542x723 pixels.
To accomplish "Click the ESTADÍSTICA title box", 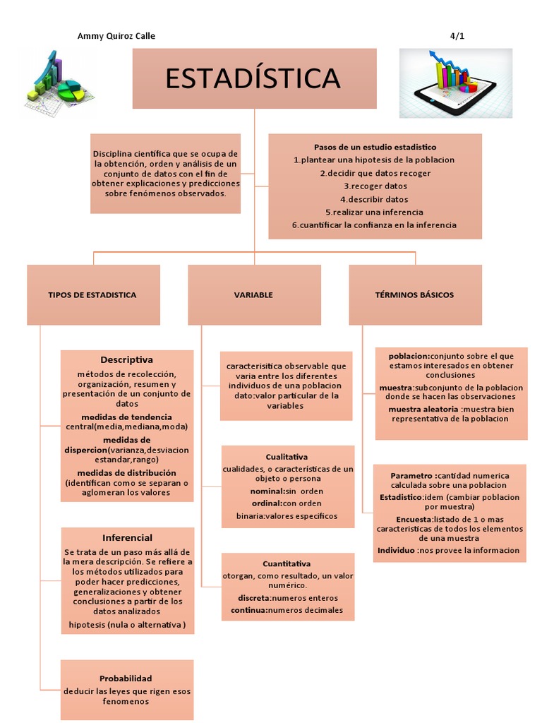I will [254, 78].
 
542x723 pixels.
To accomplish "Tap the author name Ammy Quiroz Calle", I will [116, 36].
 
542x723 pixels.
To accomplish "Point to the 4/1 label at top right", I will [457, 36].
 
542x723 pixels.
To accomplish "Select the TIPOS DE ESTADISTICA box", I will [92, 294].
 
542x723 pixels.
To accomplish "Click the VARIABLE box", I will [253, 294].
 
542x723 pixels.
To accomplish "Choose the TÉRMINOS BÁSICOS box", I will [415, 294].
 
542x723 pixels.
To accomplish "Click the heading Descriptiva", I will [126, 359].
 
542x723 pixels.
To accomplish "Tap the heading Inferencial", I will [127, 537].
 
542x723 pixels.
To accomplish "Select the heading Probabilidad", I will [126, 678].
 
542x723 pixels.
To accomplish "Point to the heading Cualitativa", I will [287, 457].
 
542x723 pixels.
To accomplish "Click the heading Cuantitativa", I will [287, 563].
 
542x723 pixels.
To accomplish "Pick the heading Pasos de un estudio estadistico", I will [375, 147].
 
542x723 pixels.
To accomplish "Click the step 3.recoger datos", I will [375, 186].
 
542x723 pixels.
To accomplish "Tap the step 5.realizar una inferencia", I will [375, 212].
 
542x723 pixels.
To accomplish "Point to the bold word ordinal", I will [267, 503].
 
